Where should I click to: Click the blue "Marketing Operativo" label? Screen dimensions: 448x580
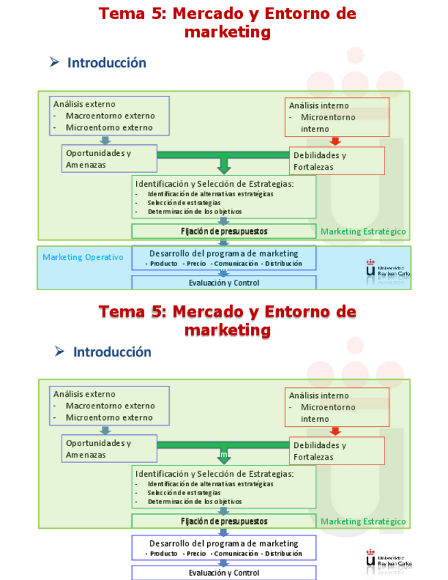(83, 257)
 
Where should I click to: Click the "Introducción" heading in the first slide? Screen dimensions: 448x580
(106, 63)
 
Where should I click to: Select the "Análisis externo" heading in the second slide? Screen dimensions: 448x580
(84, 394)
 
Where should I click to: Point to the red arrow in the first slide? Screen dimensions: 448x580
(334, 141)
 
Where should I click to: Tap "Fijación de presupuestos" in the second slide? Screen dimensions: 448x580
(224, 521)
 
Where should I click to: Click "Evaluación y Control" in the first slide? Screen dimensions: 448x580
(224, 282)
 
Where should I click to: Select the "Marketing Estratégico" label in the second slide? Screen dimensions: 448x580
(363, 521)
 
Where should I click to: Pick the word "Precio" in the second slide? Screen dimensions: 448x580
(196, 553)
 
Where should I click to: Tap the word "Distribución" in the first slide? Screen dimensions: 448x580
(283, 263)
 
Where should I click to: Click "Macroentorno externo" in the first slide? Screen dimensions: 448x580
(110, 116)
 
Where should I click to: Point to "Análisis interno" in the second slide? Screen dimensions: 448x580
(319, 395)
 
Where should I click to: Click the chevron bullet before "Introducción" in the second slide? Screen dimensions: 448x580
(60, 352)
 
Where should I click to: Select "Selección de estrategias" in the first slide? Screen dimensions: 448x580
(183, 202)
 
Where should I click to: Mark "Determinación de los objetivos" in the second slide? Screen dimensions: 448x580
(194, 501)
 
